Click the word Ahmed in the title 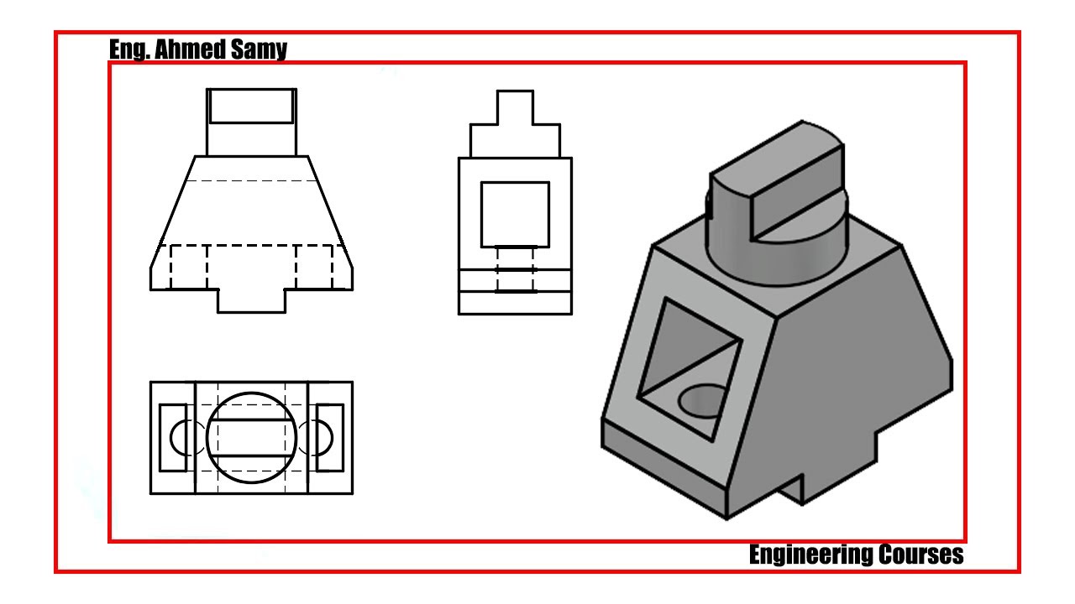[x=189, y=49]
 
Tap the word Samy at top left [x=259, y=49]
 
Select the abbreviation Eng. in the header [x=129, y=49]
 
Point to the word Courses [x=921, y=555]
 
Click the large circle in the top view [x=251, y=393]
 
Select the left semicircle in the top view [x=170, y=438]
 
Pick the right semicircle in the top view [x=332, y=438]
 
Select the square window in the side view [x=481, y=215]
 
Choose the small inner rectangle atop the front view [x=251, y=122]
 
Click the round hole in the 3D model [x=702, y=401]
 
